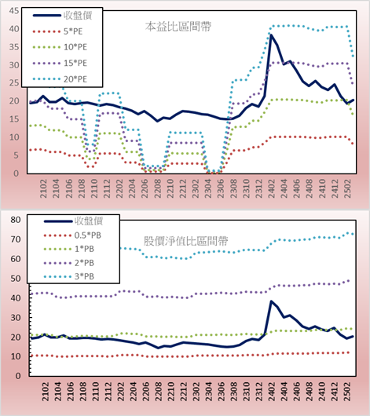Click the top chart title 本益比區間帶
click(178, 27)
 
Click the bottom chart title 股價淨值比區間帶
click(186, 241)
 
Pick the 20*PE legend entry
click(60, 79)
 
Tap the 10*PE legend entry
click(60, 47)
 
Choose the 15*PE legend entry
click(60, 63)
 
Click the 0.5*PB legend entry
click(72, 235)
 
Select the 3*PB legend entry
click(69, 276)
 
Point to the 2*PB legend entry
click(69, 263)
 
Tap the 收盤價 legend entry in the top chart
click(62, 16)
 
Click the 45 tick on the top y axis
click(14, 11)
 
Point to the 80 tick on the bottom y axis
click(16, 220)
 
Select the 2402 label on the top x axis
click(272, 188)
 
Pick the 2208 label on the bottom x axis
click(159, 392)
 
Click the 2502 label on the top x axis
click(348, 188)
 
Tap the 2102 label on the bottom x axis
click(46, 392)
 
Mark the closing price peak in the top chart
click(271, 35)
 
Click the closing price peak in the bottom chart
click(271, 301)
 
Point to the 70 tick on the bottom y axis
click(16, 239)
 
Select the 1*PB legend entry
click(69, 249)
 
